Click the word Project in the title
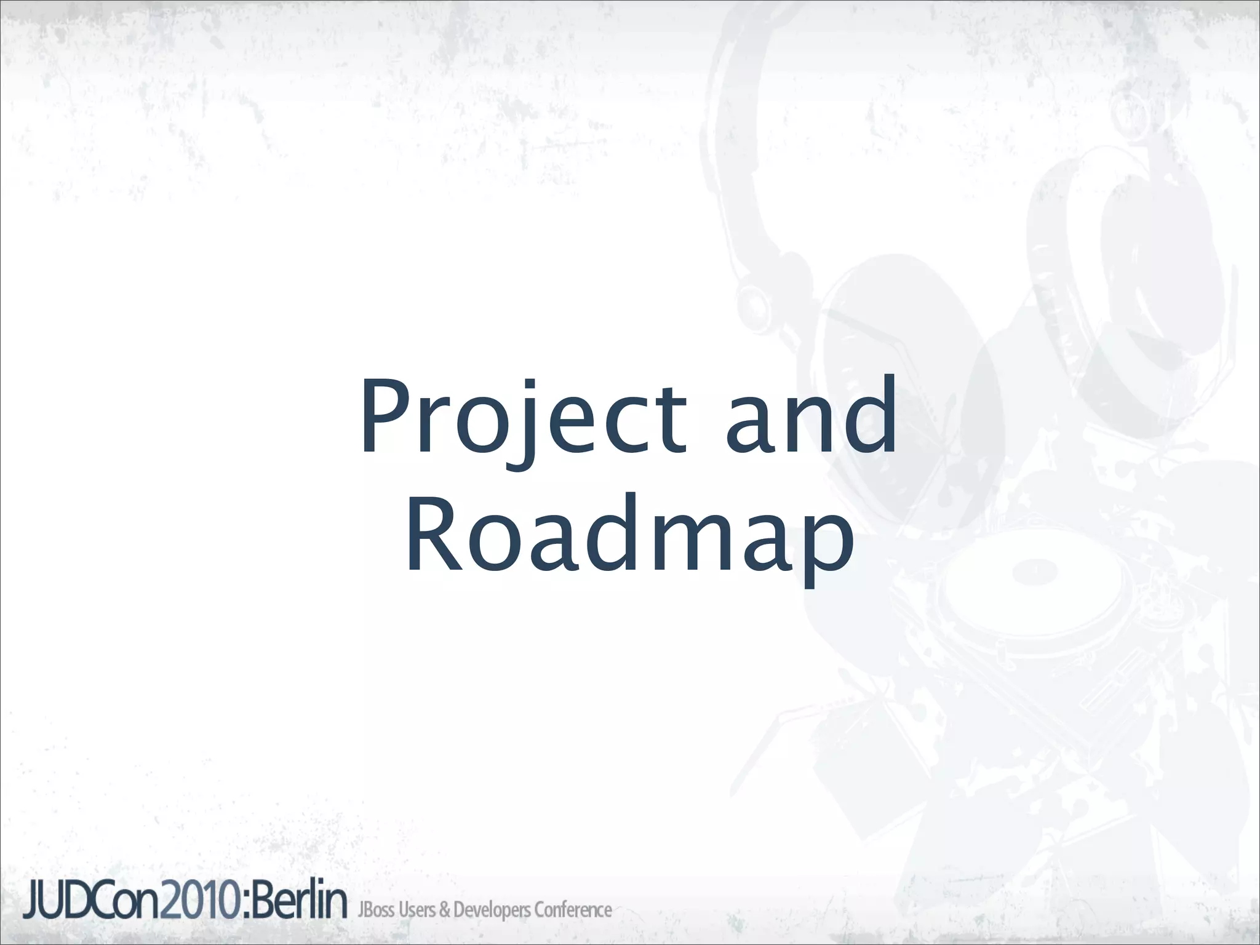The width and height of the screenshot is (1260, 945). [x=523, y=418]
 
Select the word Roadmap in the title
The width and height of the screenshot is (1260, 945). [x=629, y=538]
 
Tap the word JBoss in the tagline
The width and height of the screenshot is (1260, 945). [x=377, y=909]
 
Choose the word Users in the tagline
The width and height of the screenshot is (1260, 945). [x=417, y=909]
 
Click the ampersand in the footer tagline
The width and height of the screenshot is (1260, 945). [x=444, y=910]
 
